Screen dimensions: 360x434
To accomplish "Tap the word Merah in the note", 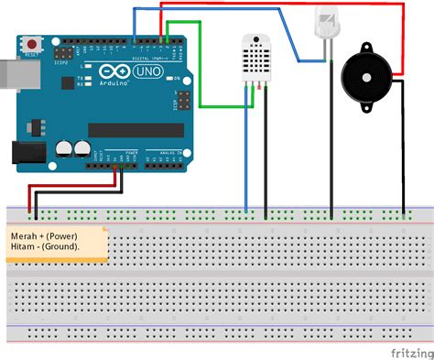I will [25, 235].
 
